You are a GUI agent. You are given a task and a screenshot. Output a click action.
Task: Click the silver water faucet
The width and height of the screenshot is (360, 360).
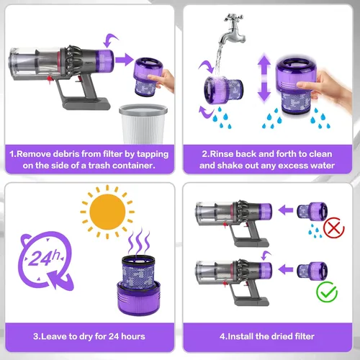coord(233,28)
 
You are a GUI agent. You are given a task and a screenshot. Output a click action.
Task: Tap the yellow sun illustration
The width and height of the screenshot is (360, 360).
coord(107,212)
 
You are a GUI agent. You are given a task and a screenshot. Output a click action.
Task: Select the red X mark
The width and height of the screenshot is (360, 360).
coord(334,228)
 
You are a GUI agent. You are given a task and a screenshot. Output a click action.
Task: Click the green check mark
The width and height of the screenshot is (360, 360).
coord(327,292)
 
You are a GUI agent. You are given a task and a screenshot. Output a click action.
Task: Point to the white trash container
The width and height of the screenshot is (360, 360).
coord(143,124)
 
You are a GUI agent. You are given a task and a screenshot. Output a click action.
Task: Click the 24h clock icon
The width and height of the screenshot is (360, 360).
coord(45,261)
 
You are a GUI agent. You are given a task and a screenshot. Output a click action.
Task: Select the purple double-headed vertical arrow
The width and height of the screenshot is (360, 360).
coord(264,78)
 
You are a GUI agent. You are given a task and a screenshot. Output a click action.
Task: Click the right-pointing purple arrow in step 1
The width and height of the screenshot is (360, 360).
coord(124,60)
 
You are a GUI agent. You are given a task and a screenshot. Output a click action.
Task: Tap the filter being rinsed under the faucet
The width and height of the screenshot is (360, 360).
coord(223,90)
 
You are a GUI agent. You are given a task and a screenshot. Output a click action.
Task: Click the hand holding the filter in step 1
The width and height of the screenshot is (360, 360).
coord(161,81)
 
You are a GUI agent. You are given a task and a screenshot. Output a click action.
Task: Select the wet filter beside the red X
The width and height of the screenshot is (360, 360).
coord(312,211)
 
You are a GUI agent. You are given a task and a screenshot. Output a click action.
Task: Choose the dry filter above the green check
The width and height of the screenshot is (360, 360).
coord(312,271)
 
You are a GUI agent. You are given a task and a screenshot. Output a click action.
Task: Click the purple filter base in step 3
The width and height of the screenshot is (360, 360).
coord(139,298)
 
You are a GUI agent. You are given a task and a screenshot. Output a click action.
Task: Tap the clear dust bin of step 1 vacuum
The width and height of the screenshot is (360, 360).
coord(35,63)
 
